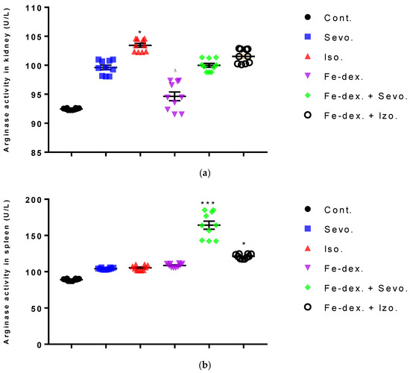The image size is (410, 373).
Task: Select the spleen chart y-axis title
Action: pyautogui.click(x=8, y=272)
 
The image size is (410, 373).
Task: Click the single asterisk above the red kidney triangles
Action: pyautogui.click(x=139, y=33)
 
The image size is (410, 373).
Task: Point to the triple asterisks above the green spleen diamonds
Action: pyautogui.click(x=209, y=204)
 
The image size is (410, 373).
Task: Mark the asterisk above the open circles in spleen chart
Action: pyautogui.click(x=243, y=244)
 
